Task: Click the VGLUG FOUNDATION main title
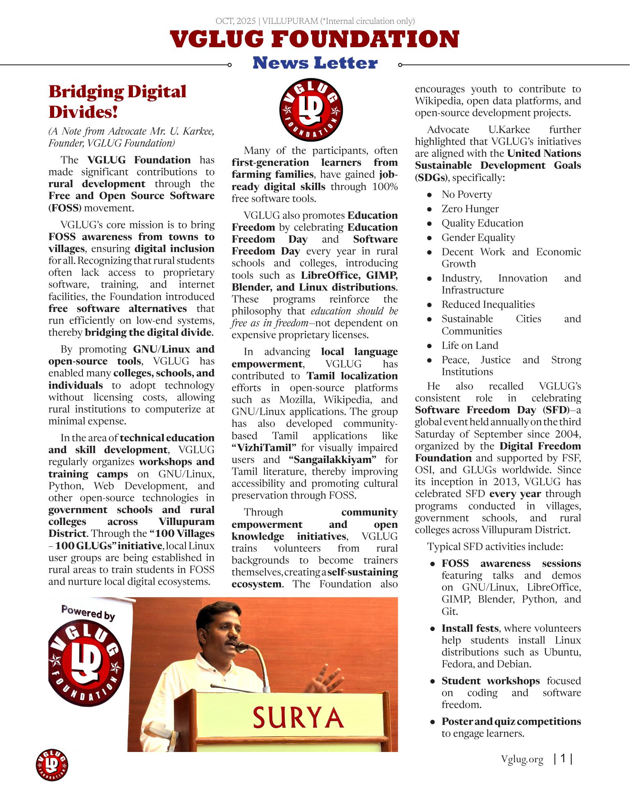coord(315,40)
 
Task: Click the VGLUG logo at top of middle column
coord(311,110)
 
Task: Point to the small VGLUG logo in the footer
coord(52,765)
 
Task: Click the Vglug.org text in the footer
coord(522,760)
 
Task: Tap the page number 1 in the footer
coord(563,759)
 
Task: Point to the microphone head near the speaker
coord(242,647)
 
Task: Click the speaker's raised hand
coord(322,682)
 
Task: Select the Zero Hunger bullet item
coord(470,209)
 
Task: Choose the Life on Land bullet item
coord(470,346)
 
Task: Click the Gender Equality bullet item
coord(478,238)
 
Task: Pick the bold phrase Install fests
coord(470,628)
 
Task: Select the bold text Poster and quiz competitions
coord(511,722)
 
